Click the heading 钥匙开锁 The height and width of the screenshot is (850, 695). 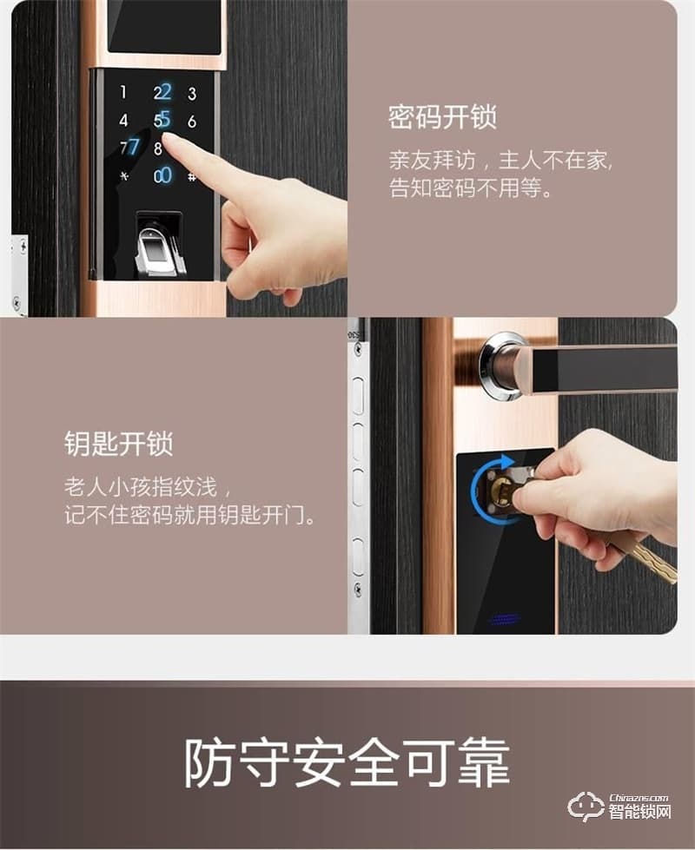click(x=118, y=444)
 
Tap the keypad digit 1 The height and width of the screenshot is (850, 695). click(x=123, y=92)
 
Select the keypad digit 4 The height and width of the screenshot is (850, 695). click(x=123, y=121)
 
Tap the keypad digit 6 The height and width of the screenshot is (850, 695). click(x=192, y=122)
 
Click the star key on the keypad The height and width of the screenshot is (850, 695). click(x=123, y=176)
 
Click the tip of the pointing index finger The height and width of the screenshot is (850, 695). click(x=169, y=140)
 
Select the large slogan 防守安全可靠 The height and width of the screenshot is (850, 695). click(x=347, y=762)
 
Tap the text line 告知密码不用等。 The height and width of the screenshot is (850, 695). click(x=471, y=188)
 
